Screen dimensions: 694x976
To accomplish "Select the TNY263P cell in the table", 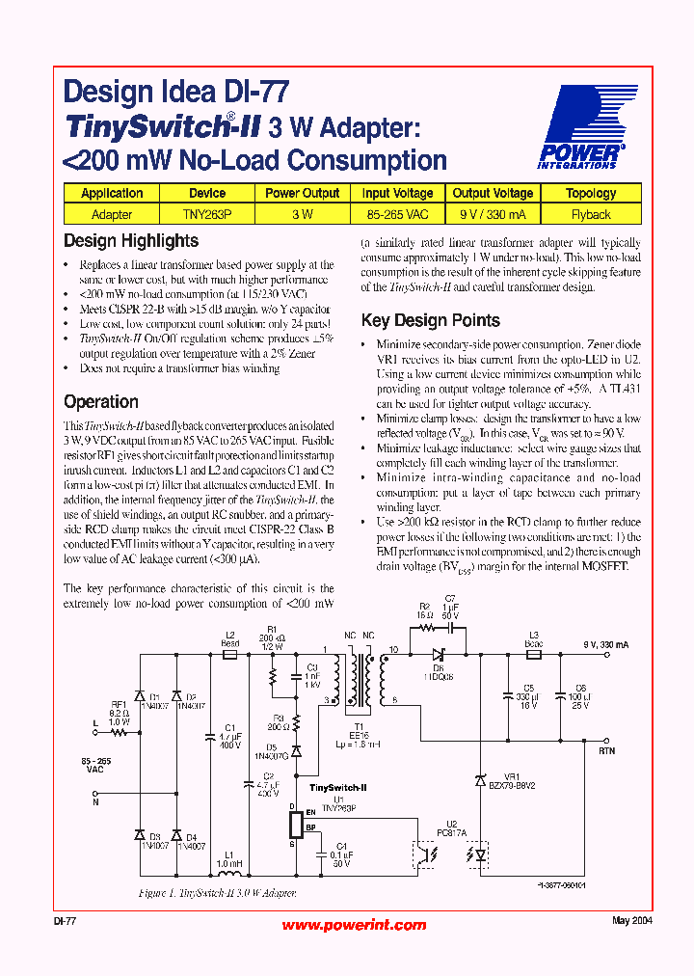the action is [x=207, y=214].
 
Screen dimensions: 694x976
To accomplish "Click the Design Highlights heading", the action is [x=131, y=241].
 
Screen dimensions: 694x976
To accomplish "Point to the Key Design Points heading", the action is [x=430, y=320].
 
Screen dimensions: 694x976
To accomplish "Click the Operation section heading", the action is [x=101, y=402].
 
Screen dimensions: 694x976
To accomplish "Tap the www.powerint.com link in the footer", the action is [x=354, y=925].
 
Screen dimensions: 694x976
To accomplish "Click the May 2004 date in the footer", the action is [x=632, y=921].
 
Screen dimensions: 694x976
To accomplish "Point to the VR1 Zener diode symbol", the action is [x=480, y=780].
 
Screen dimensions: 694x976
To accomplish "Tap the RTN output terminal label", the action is [x=606, y=749].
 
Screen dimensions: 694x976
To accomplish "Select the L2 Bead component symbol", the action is [x=229, y=654].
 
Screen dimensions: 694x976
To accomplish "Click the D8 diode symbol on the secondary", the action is [x=439, y=653].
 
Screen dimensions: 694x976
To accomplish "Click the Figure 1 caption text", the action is [x=218, y=894].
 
